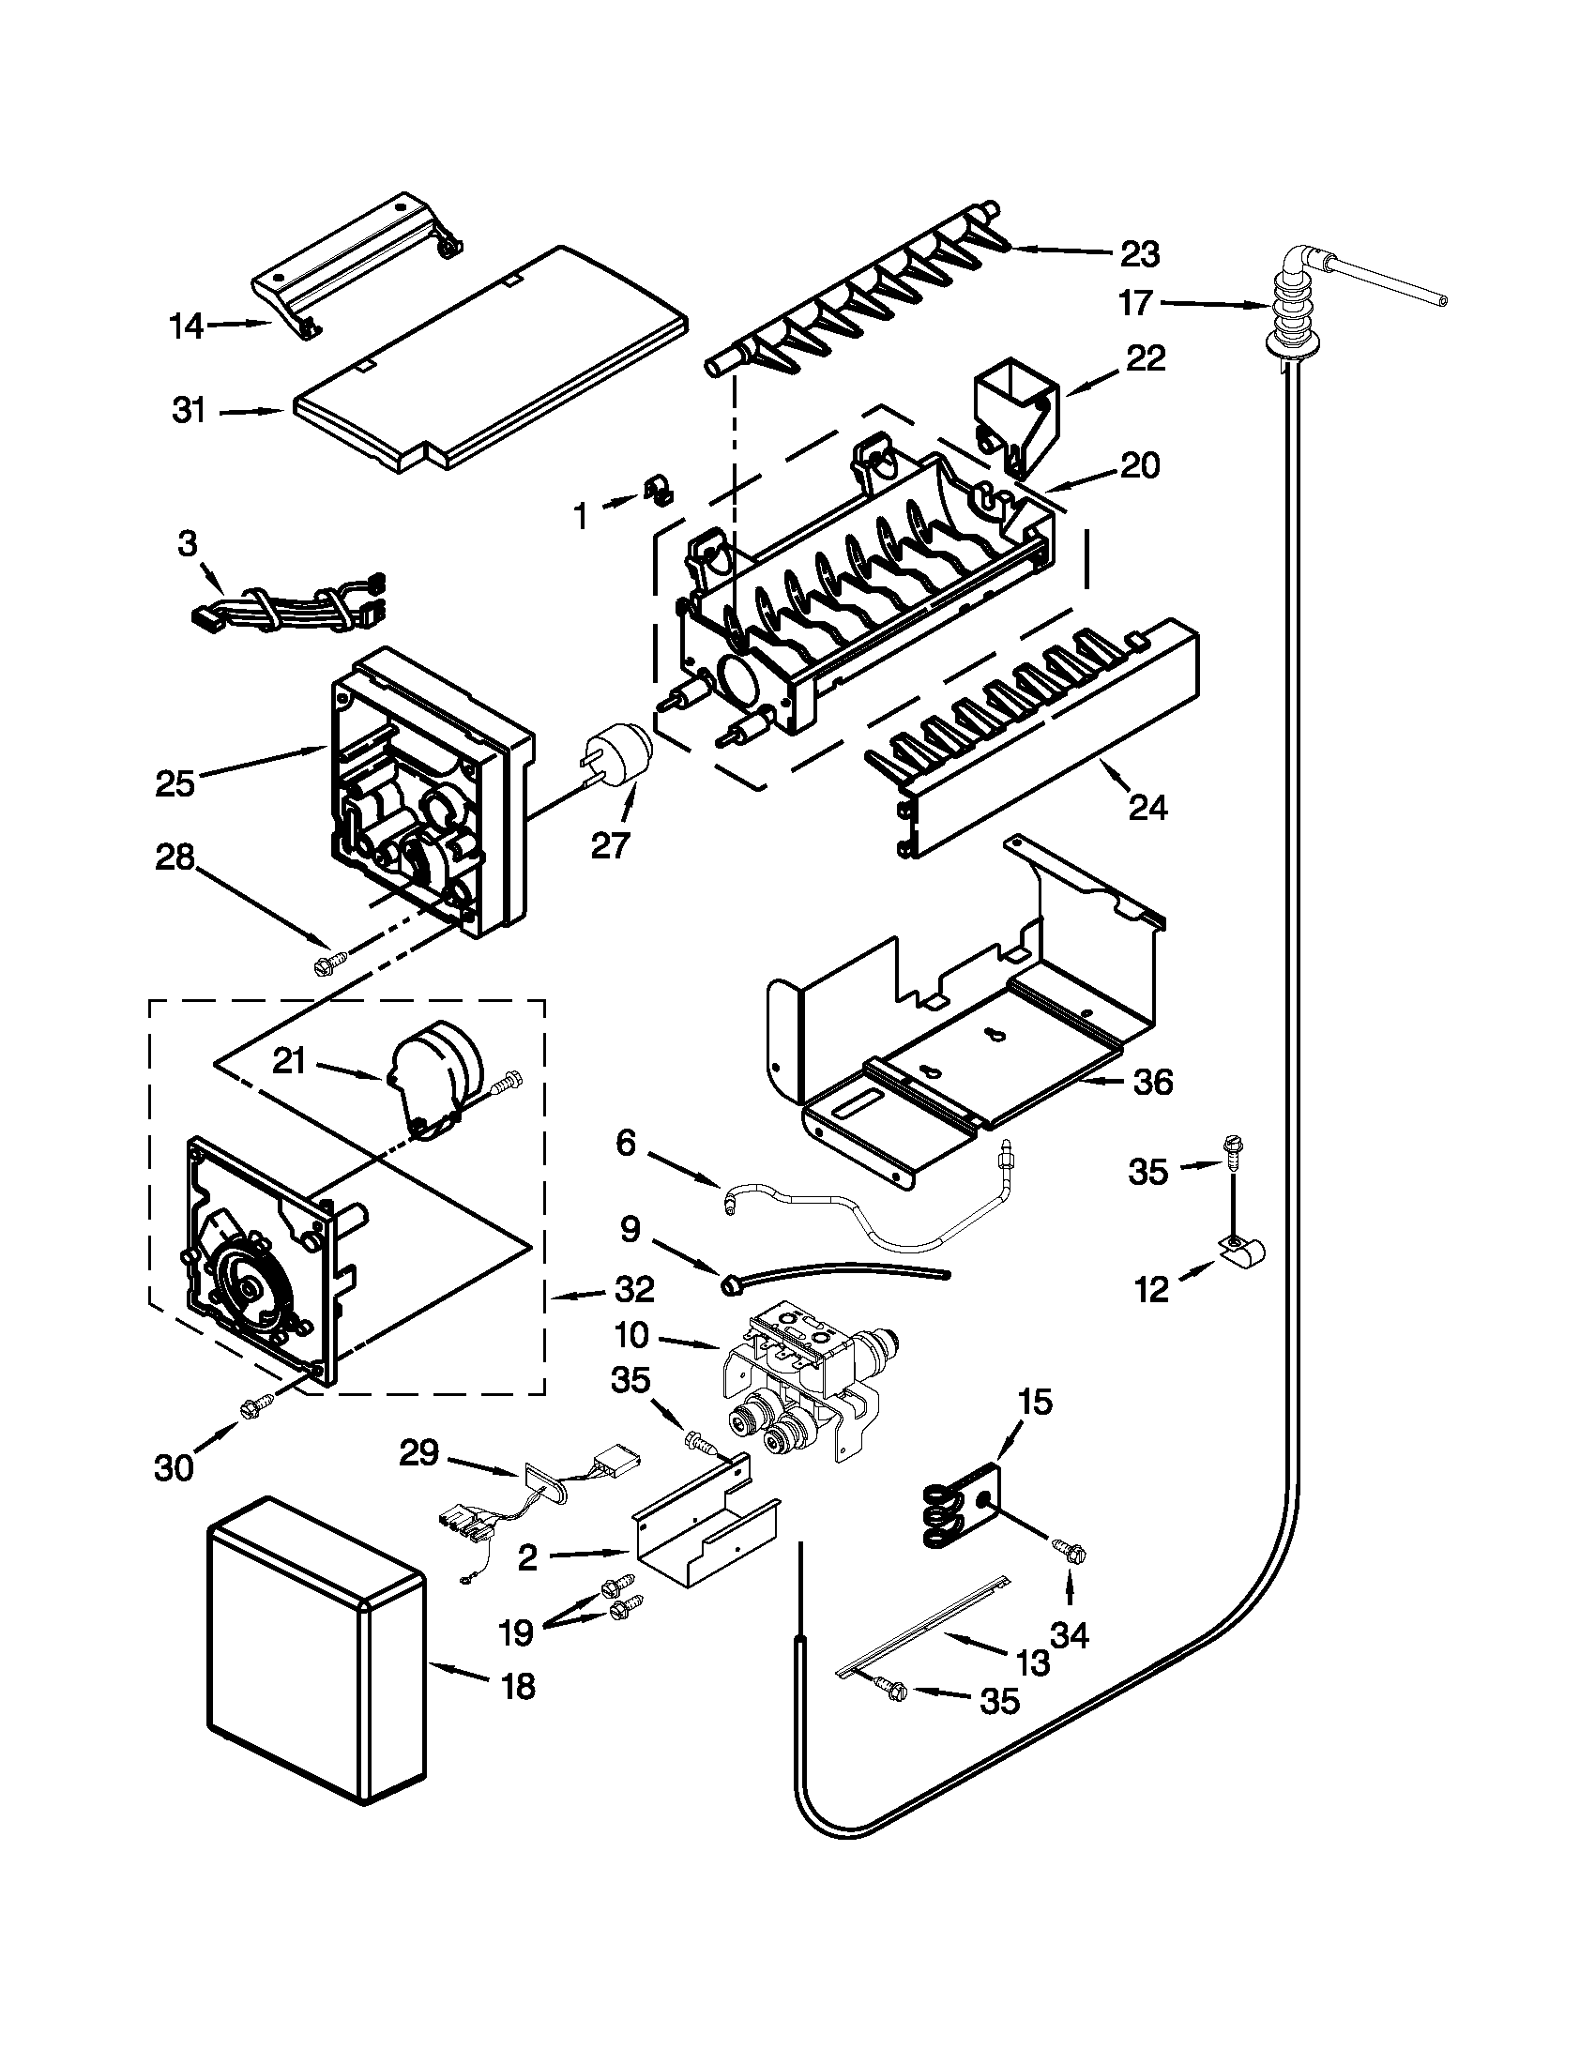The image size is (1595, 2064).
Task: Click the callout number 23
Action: [x=1140, y=253]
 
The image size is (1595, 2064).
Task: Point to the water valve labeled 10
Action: [x=803, y=1382]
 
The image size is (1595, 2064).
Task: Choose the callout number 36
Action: [x=1153, y=1082]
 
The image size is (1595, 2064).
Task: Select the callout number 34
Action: [x=1069, y=1633]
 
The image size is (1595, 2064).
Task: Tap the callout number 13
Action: [x=1033, y=1662]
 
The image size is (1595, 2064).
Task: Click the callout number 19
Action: [x=517, y=1631]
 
